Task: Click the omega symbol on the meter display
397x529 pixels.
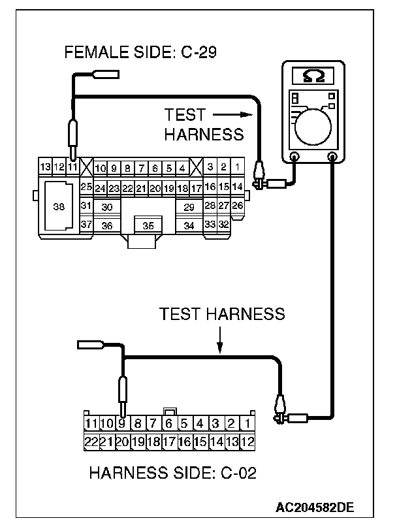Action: [x=312, y=78]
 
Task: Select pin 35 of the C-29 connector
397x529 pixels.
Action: [x=148, y=225]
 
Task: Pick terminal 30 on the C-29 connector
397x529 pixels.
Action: [x=108, y=206]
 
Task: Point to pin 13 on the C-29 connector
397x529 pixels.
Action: [x=45, y=168]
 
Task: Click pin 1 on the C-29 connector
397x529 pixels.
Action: [x=237, y=168]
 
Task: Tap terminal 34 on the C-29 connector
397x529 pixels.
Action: [x=189, y=225]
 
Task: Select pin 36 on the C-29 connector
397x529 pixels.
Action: [x=108, y=225]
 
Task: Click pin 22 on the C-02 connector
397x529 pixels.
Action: [x=91, y=441]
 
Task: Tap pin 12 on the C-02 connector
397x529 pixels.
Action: [x=247, y=441]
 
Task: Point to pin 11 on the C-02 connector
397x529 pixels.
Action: [x=91, y=423]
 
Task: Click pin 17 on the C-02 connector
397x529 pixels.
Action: [x=169, y=441]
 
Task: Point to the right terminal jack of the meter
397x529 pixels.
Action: [x=332, y=157]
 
